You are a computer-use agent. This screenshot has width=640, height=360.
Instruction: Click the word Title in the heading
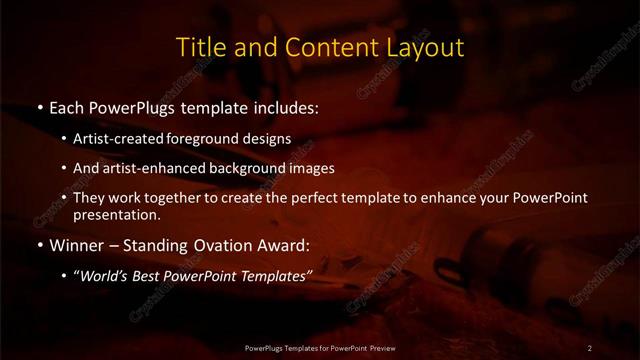(x=199, y=47)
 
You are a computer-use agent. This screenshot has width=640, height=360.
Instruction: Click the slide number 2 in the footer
(x=590, y=347)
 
